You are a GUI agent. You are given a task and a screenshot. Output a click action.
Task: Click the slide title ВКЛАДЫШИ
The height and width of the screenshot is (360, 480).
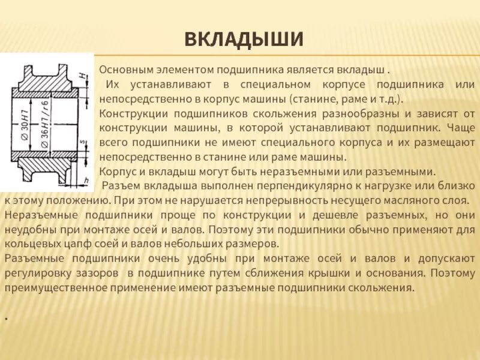(x=244, y=40)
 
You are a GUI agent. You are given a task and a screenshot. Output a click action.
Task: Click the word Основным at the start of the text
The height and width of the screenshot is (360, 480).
(x=125, y=69)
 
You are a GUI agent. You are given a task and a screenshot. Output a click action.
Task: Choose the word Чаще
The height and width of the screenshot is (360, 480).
(x=461, y=127)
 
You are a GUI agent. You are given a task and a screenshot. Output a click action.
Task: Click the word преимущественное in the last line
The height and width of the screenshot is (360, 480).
(x=52, y=287)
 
